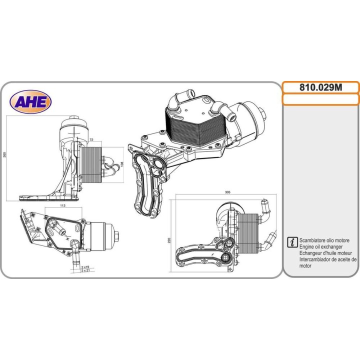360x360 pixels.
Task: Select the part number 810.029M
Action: coord(320,87)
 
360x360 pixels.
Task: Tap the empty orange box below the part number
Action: coord(320,99)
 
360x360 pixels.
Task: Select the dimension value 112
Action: coord(63,204)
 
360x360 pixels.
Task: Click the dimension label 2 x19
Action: coord(85,267)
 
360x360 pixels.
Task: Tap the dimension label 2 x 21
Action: coord(85,271)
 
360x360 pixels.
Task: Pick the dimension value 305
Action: coord(227,192)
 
